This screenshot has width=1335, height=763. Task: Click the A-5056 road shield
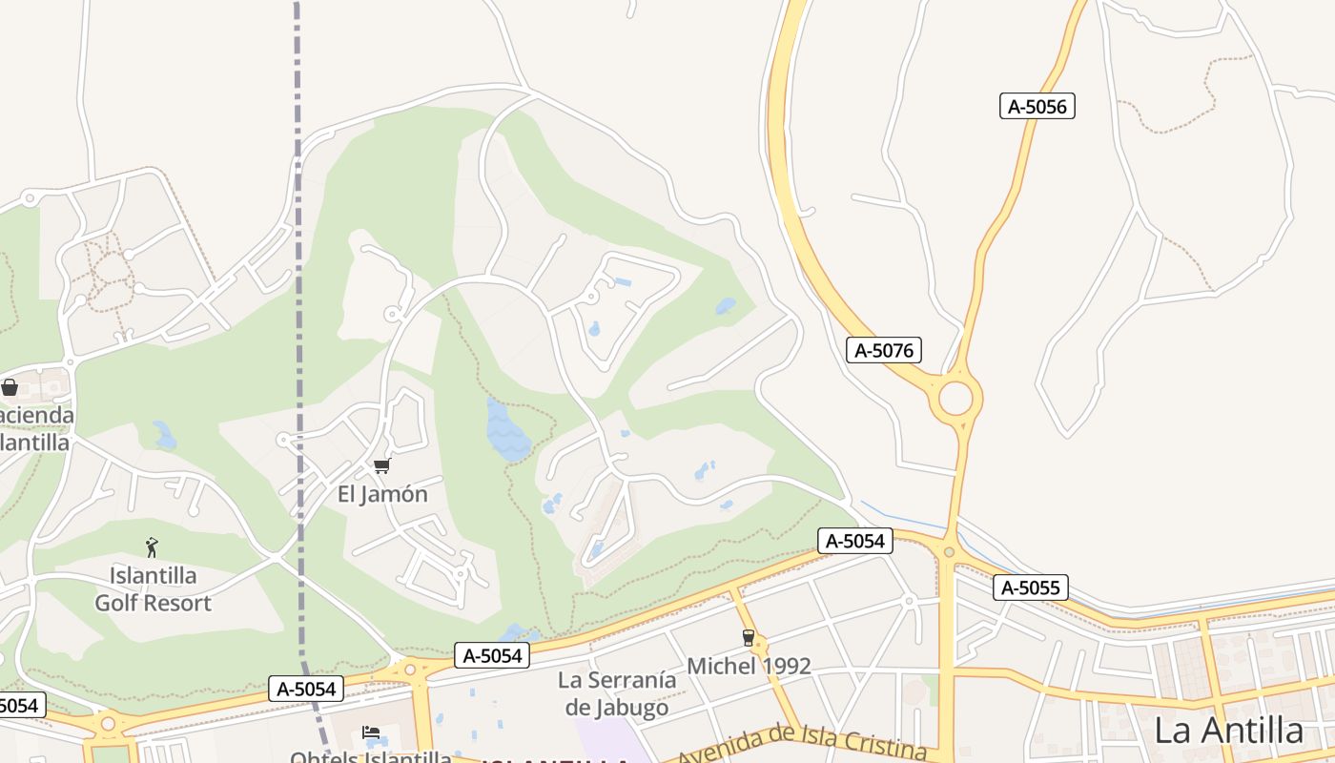(x=1037, y=106)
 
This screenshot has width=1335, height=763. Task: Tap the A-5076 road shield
(x=884, y=350)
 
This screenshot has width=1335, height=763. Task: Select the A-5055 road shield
(x=1030, y=588)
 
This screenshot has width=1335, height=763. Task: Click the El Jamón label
(x=382, y=494)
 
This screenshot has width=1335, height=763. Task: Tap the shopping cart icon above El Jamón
(x=381, y=466)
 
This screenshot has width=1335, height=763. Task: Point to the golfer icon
(x=152, y=546)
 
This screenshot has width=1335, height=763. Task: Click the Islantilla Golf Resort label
(x=153, y=589)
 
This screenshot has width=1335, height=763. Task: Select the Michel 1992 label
(x=749, y=666)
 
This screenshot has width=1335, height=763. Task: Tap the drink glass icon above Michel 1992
(x=749, y=637)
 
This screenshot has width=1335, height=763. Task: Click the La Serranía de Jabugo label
(x=617, y=693)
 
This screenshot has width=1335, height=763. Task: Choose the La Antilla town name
(x=1228, y=731)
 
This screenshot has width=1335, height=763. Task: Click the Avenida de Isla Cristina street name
(x=801, y=745)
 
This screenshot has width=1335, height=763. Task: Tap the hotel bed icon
(x=371, y=732)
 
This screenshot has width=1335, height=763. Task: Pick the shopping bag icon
(x=10, y=387)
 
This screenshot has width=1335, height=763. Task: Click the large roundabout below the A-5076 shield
(x=955, y=399)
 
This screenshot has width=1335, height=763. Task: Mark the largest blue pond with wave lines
(x=507, y=431)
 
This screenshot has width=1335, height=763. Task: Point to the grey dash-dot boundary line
(x=298, y=286)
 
